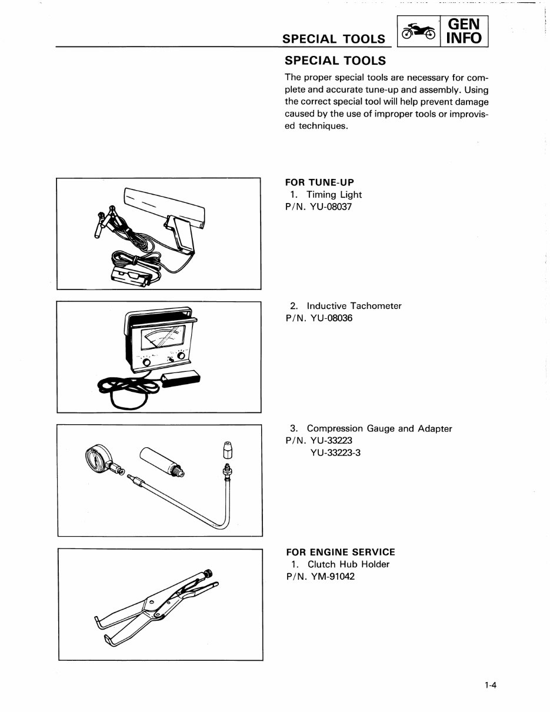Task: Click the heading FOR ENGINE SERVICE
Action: click(x=340, y=552)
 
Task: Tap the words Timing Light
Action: click(x=334, y=195)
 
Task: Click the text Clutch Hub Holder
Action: click(x=348, y=564)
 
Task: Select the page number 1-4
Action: click(x=491, y=685)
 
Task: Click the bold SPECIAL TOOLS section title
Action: click(x=335, y=61)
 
